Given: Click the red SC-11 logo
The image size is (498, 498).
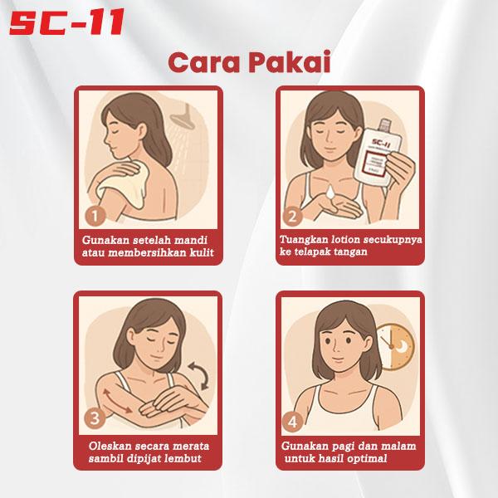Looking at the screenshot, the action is (66, 22).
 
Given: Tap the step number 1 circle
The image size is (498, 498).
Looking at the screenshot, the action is (95, 217).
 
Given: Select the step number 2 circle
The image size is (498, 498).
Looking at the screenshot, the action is (292, 217).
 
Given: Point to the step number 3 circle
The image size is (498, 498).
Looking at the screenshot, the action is (95, 418).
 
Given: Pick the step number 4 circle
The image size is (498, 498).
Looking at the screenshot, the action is (292, 422).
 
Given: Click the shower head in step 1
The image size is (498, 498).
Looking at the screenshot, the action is (183, 118).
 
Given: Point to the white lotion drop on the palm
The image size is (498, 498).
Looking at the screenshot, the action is (330, 193).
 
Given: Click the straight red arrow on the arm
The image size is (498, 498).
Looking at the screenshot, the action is (118, 401).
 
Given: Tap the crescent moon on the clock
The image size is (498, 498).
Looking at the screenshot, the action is (403, 346).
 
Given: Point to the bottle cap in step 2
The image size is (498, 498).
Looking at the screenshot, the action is (385, 122).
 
